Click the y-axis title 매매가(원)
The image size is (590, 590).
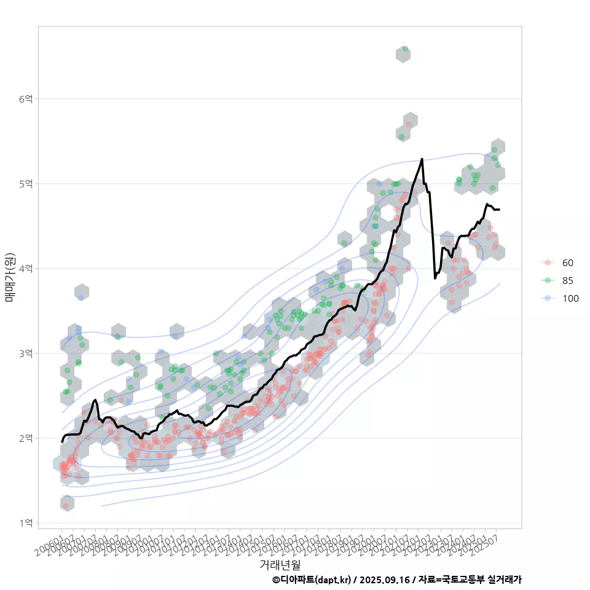tap(10, 277)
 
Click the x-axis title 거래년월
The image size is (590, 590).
tap(280, 564)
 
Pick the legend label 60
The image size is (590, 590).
tap(568, 263)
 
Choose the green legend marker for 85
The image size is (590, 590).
tap(547, 281)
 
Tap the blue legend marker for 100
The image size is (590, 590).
tap(547, 299)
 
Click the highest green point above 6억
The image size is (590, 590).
tap(404, 49)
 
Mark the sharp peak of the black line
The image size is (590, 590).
tap(422, 159)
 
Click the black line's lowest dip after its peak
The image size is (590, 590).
tap(435, 278)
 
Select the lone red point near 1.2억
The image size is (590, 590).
tap(65, 506)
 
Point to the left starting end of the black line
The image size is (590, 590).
tap(62, 441)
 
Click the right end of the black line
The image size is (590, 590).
tap(499, 210)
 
